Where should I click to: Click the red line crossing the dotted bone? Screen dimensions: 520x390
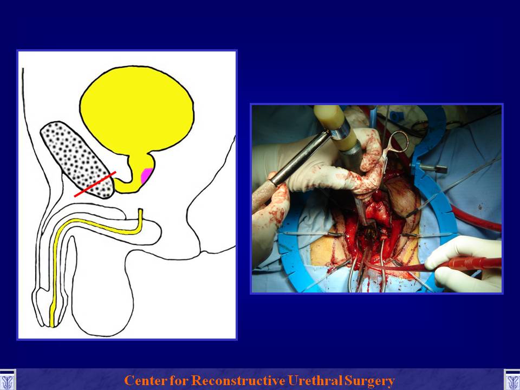(x=95, y=184)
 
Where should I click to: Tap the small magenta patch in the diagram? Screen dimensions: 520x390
(x=146, y=175)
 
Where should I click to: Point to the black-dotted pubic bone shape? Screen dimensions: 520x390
(x=77, y=159)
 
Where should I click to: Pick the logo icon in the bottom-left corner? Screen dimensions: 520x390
(x=8, y=380)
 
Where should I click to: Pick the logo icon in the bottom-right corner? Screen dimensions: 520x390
(x=512, y=380)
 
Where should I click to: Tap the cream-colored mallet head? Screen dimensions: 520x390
(x=334, y=127)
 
